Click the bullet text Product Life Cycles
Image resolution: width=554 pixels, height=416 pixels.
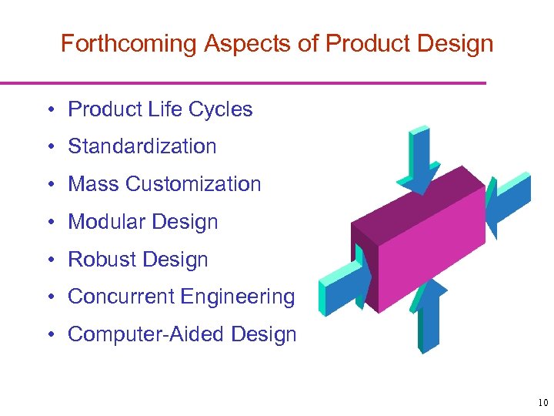[160, 109]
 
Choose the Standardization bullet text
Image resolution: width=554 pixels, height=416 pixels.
[142, 146]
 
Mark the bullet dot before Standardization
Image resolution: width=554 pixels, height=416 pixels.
[48, 147]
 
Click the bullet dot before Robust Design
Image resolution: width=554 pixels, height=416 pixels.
[48, 260]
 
